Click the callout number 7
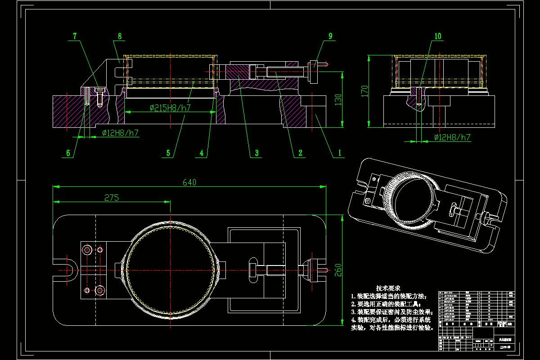click(75, 36)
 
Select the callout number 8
click(120, 36)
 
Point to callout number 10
click(438, 36)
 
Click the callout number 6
click(68, 153)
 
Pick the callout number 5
click(168, 153)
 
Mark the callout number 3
click(256, 153)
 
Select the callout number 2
click(299, 153)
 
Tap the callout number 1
click(340, 153)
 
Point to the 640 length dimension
click(189, 182)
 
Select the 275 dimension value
click(112, 198)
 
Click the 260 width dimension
click(338, 270)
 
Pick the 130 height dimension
click(338, 99)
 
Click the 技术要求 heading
click(388, 288)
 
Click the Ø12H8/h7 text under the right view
click(452, 137)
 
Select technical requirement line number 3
click(391, 311)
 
